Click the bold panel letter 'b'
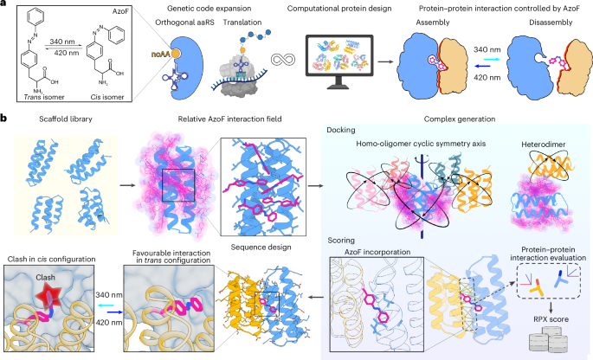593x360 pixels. pyautogui.click(x=5, y=115)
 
